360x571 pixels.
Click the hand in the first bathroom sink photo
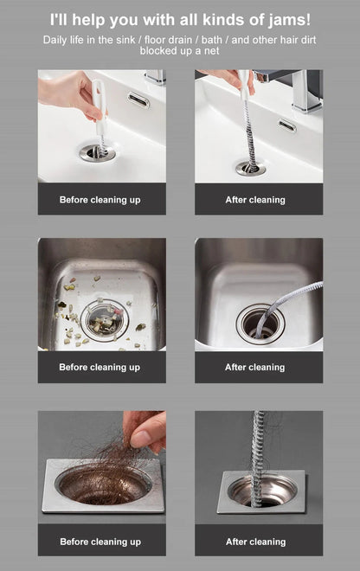coord(70,89)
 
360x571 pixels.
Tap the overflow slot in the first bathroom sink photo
coord(138,100)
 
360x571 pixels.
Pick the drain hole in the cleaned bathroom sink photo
coord(251,166)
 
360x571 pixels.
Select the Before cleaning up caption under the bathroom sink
coord(100,200)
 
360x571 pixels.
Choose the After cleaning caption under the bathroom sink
coord(255,200)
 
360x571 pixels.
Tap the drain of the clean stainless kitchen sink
coord(260,322)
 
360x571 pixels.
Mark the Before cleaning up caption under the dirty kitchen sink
coord(100,368)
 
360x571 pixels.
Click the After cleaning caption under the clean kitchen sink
coord(255,368)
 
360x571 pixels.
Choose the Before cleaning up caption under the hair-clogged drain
coord(100,542)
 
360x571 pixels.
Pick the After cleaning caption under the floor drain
coord(255,542)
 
